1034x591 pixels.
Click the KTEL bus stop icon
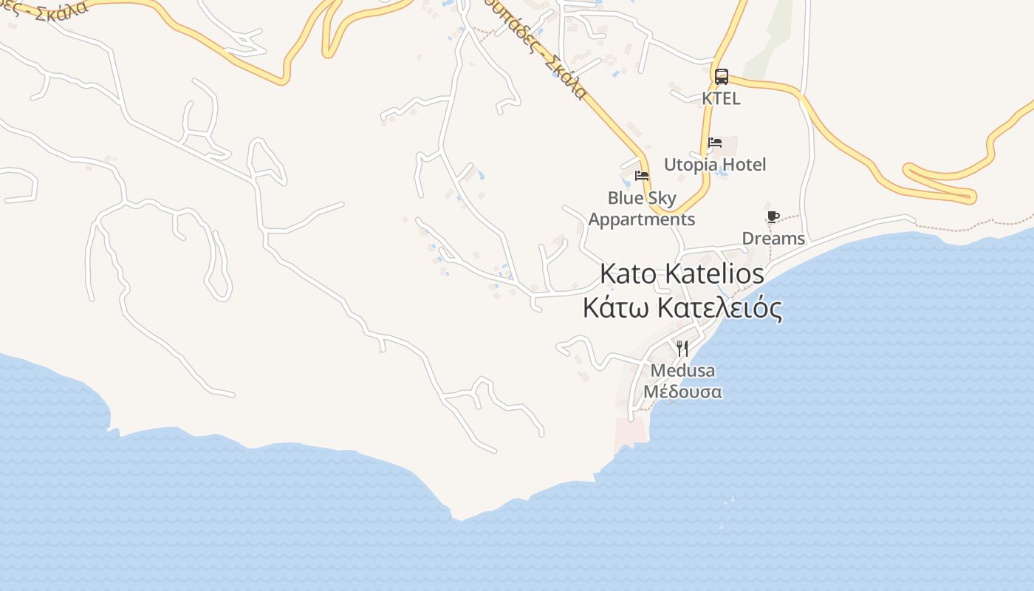point(721,76)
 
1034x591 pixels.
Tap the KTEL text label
point(721,98)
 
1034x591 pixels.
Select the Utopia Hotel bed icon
point(714,143)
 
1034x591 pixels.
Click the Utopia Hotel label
point(715,165)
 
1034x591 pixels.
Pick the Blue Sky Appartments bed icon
point(641,176)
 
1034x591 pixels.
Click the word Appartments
point(641,219)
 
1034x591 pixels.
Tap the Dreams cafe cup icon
point(773,216)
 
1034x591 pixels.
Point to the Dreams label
point(773,239)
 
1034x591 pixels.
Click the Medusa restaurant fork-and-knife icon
point(682,348)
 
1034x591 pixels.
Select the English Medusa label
point(682,370)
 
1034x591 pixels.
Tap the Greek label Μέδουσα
point(682,392)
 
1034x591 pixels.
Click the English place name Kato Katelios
point(682,273)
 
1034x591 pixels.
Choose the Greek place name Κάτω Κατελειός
point(682,308)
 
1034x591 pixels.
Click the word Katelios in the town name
point(714,273)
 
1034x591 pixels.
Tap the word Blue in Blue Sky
point(625,198)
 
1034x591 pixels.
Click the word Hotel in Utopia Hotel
point(743,165)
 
